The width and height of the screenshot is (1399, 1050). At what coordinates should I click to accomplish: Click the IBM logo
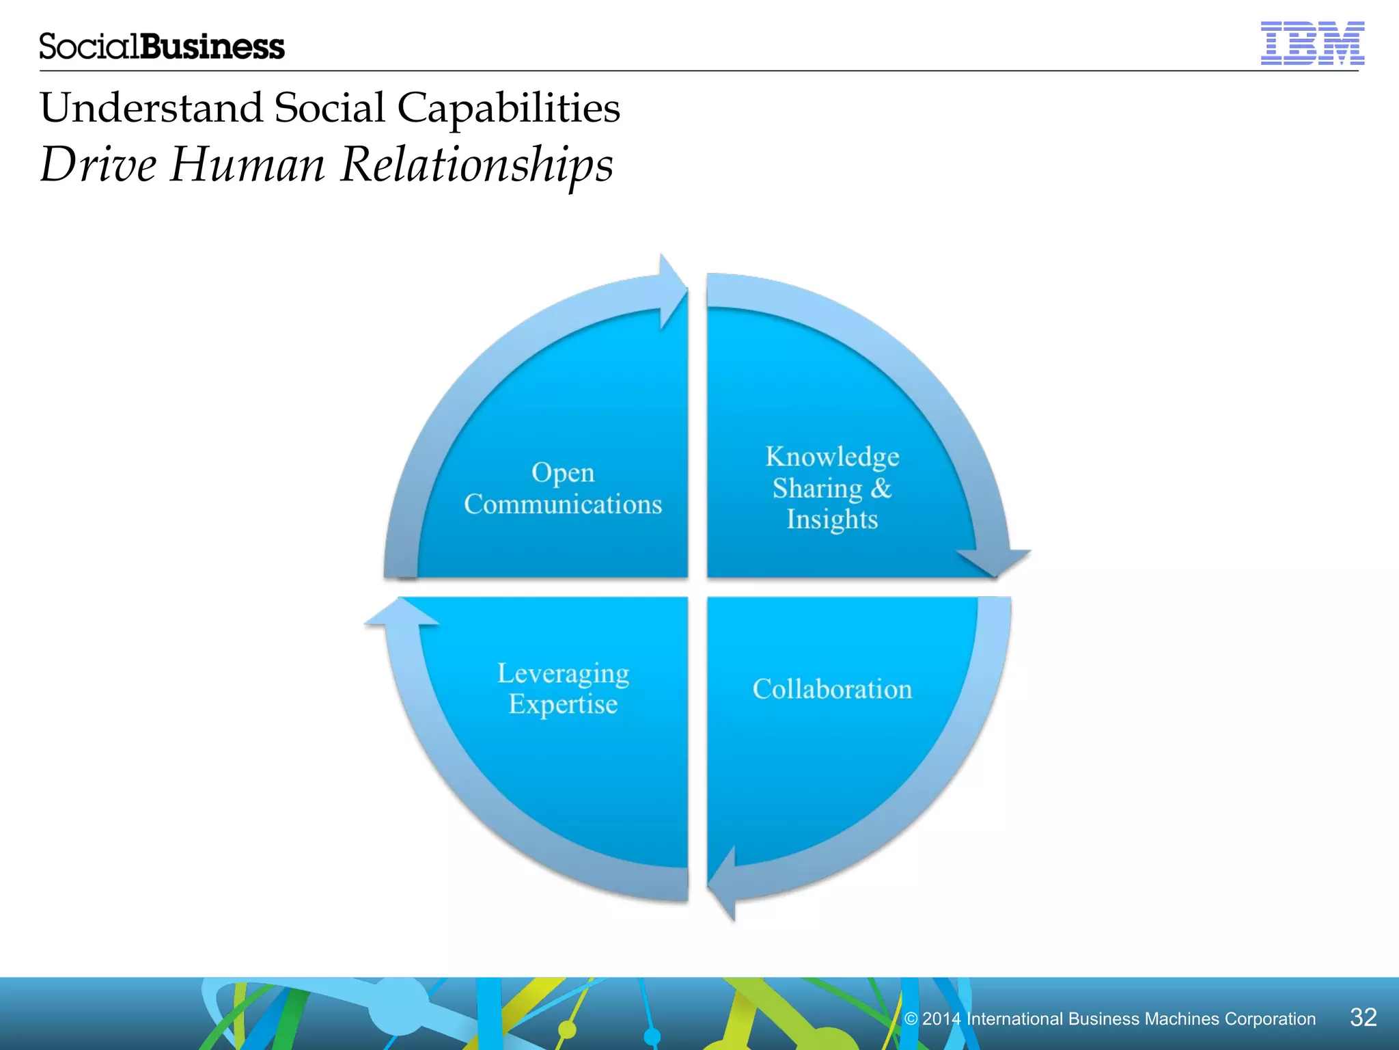[x=1312, y=43]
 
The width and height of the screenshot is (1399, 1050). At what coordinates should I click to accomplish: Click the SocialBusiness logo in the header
[x=162, y=46]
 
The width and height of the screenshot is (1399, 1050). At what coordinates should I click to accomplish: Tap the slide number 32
[x=1363, y=1017]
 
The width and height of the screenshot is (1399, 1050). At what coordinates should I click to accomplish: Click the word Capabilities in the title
[x=508, y=108]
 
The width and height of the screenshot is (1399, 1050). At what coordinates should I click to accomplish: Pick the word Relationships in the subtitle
[x=477, y=165]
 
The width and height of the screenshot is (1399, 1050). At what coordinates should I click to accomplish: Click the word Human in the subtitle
[x=247, y=165]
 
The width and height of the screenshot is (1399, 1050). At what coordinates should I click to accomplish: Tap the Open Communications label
[x=563, y=488]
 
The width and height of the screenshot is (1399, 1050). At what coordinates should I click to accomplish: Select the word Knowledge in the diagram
[x=832, y=457]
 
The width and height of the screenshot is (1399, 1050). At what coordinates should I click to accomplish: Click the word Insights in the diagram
[x=832, y=520]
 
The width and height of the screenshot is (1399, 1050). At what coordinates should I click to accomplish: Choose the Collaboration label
[x=832, y=689]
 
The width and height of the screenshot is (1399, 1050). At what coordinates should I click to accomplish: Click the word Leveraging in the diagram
[x=563, y=673]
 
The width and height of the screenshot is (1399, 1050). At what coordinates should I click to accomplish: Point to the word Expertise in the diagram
[x=563, y=704]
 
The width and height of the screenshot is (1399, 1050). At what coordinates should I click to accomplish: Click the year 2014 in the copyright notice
[x=941, y=1019]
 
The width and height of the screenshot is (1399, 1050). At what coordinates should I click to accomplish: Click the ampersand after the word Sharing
[x=881, y=488]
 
